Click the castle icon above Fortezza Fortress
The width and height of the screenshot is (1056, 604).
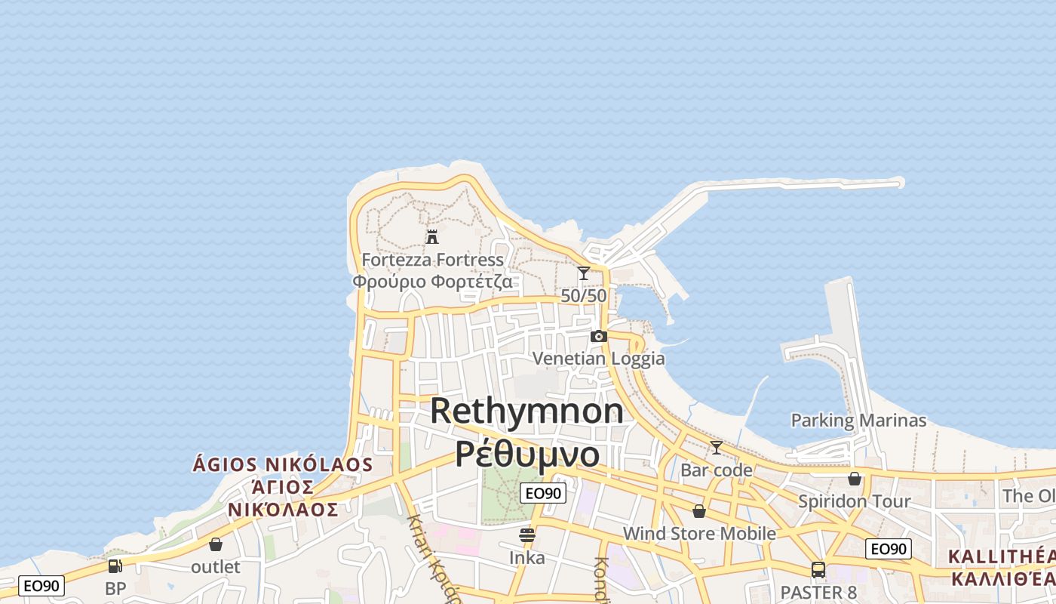432,236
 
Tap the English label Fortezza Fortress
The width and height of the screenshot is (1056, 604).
432,260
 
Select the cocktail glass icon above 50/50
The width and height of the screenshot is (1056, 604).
583,273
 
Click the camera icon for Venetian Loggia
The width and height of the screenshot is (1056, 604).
598,336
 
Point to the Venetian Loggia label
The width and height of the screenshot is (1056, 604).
599,358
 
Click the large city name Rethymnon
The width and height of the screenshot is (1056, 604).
526,411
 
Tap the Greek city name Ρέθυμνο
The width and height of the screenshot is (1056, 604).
528,455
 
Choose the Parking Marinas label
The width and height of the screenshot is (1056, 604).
858,421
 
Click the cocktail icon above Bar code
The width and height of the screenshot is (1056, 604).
716,448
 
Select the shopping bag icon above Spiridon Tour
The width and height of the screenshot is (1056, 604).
854,479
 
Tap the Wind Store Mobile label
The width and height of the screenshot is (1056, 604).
699,534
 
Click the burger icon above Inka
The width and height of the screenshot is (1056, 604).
527,535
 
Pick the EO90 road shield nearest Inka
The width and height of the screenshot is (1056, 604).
543,493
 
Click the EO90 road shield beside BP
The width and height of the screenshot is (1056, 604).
41,585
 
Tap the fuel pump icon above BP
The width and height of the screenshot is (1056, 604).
115,565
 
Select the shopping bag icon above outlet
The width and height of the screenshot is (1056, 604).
216,544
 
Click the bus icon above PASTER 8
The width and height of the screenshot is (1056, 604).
818,569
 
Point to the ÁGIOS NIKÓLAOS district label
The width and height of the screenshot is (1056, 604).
283,464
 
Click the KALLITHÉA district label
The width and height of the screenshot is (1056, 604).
1001,557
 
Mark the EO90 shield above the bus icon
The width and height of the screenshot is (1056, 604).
888,549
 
